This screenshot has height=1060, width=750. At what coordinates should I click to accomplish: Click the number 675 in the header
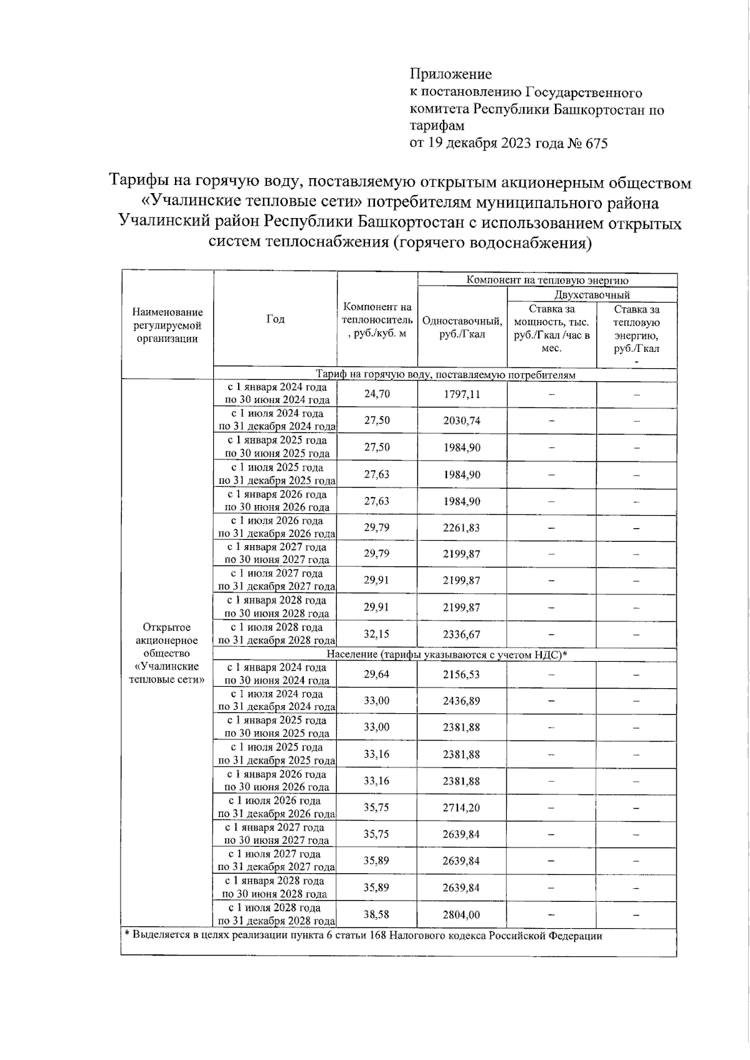[596, 143]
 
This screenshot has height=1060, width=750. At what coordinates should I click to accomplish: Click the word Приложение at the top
[451, 74]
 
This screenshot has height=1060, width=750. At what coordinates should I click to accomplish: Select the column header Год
[275, 319]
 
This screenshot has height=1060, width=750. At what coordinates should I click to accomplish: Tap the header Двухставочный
[591, 294]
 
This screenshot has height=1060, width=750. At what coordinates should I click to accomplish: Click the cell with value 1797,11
[462, 394]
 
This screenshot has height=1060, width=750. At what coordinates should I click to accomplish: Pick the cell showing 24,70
[377, 394]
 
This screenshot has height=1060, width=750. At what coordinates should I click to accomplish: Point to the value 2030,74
[462, 421]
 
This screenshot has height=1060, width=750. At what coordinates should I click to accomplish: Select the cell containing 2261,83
[462, 527]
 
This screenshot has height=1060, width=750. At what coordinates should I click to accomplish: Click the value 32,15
[377, 634]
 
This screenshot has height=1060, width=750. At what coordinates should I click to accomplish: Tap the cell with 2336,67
[462, 634]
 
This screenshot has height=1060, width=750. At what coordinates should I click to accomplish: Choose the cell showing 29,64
[377, 674]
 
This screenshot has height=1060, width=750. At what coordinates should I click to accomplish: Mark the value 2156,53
[462, 674]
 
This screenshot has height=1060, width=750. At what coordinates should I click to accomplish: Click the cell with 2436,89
[462, 701]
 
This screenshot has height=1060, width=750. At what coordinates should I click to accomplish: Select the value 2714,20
[462, 807]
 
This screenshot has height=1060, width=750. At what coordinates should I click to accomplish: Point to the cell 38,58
[377, 914]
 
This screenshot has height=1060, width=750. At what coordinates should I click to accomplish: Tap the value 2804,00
[462, 914]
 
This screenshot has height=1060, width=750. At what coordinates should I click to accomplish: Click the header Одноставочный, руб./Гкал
[462, 327]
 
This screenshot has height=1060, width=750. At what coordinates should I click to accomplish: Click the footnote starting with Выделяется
[363, 936]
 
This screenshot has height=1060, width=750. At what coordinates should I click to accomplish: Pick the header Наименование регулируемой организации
[167, 325]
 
